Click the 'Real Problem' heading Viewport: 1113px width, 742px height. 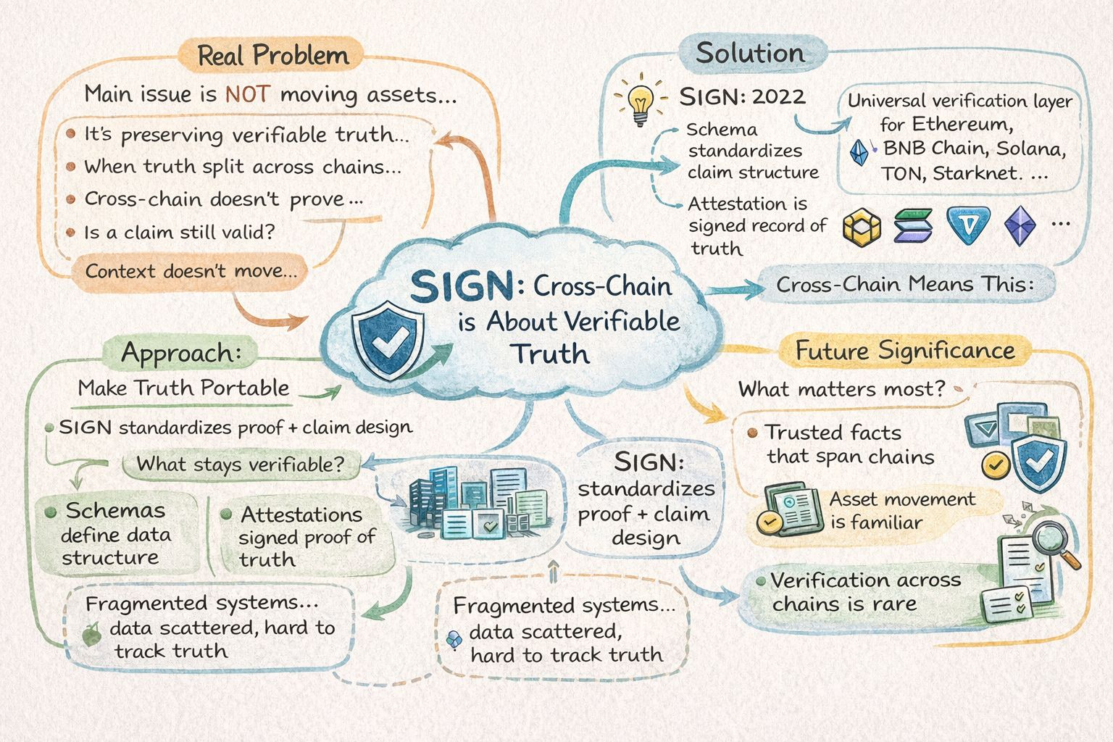point(272,56)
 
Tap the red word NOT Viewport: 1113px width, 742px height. point(247,94)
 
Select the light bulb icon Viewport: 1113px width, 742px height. point(640,104)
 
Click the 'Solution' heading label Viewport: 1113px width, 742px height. point(750,54)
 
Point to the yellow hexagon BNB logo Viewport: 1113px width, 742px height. point(862,228)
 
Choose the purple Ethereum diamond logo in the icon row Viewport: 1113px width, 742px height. point(1020,225)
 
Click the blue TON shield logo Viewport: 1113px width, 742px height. point(967,226)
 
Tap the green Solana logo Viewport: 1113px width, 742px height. point(912,226)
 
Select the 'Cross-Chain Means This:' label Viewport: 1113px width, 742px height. point(905,284)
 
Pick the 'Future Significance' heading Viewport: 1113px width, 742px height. point(905,351)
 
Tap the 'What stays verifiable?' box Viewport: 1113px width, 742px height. point(241,464)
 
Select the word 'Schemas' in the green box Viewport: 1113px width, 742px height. point(115,511)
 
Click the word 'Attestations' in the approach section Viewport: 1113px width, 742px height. point(301,514)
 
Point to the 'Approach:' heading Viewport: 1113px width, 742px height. point(181,353)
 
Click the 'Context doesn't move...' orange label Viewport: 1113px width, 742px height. point(191,272)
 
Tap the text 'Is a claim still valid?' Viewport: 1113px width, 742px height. point(180,233)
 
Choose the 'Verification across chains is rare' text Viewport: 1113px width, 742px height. point(866,592)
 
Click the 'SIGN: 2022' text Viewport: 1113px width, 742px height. point(742,97)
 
